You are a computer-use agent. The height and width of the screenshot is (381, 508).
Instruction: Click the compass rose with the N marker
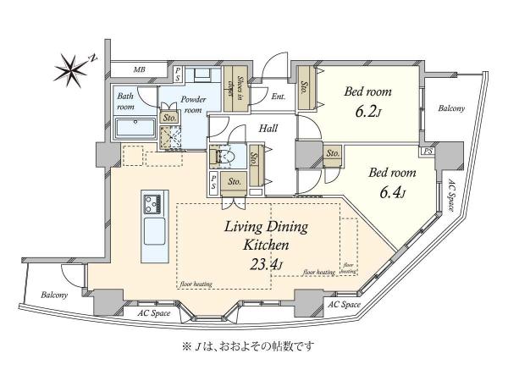coord(71,65)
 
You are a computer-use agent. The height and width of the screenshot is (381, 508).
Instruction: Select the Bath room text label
coord(125,102)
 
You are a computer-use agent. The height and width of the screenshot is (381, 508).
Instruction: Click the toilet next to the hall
coord(225,158)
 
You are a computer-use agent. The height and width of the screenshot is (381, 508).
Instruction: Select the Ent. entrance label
coord(279,96)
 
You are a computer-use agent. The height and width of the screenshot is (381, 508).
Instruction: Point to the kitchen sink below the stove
coord(153,229)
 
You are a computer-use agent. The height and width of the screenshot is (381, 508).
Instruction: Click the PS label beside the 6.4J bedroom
coord(429,151)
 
